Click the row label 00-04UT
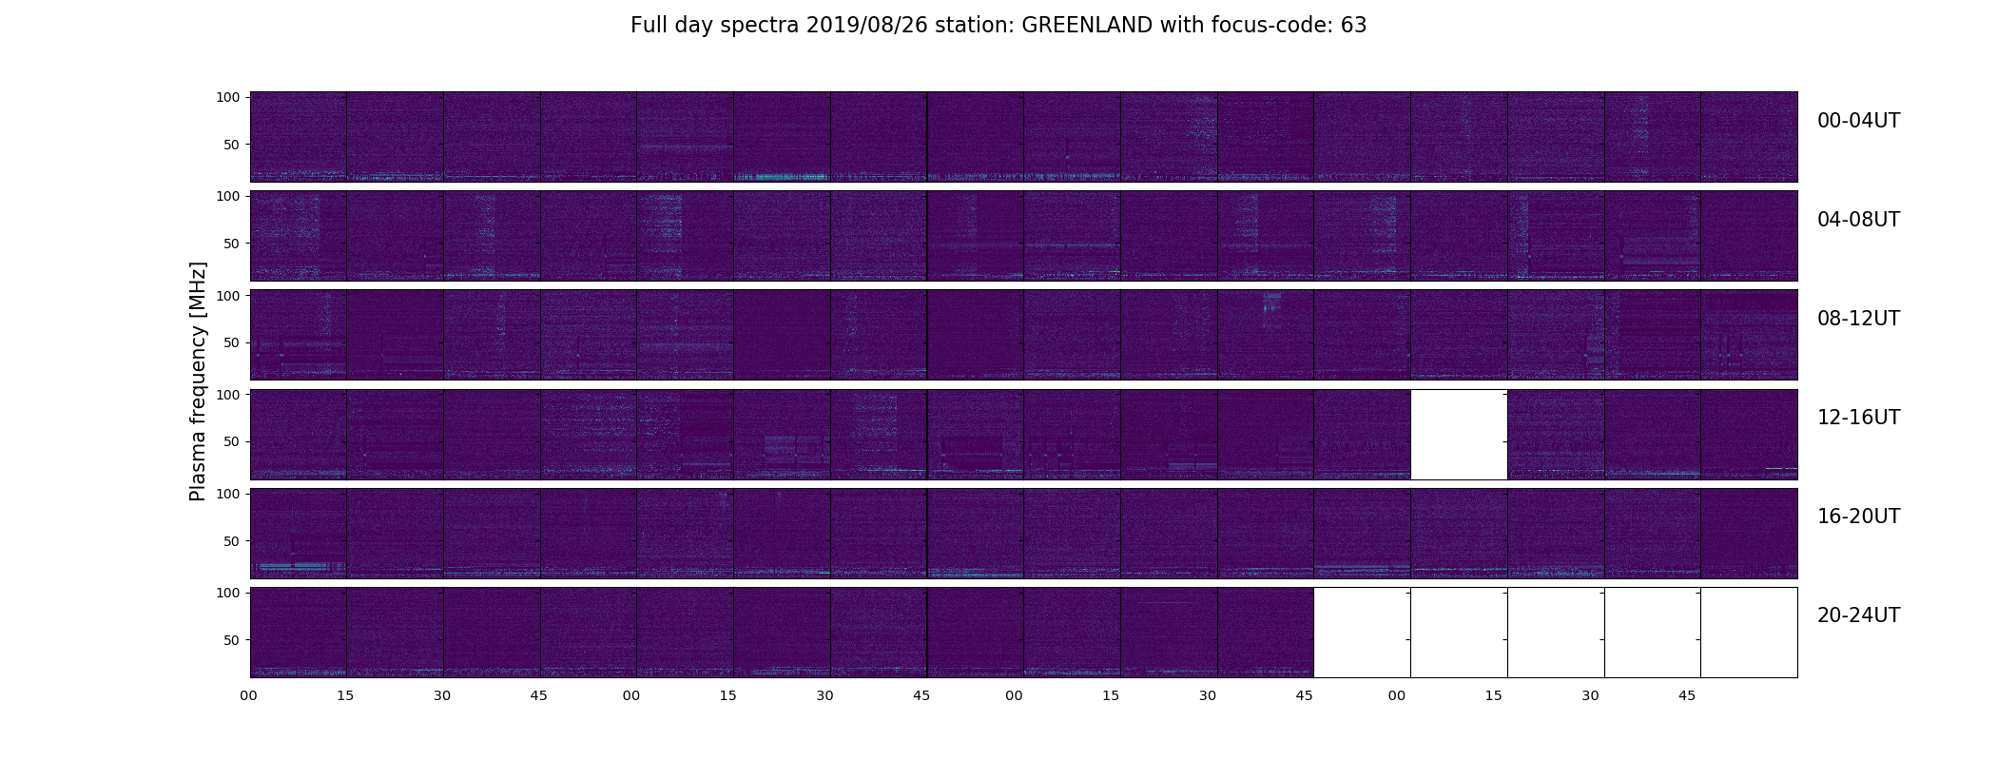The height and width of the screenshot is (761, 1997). pyautogui.click(x=1858, y=121)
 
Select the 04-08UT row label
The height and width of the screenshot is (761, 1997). pyautogui.click(x=1858, y=220)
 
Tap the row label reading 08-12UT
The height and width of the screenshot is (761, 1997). pyautogui.click(x=1858, y=319)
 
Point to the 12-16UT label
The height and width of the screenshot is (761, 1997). pyautogui.click(x=1858, y=418)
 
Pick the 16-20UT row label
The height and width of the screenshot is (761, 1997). pyautogui.click(x=1858, y=517)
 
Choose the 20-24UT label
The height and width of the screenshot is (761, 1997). pyautogui.click(x=1858, y=615)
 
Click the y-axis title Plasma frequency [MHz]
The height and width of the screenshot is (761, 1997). pyautogui.click(x=198, y=381)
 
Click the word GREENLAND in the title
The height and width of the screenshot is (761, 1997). pyautogui.click(x=1087, y=26)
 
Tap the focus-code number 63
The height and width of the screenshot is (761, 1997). pyautogui.click(x=1354, y=26)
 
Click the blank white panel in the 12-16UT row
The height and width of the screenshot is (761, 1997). pyautogui.click(x=1459, y=435)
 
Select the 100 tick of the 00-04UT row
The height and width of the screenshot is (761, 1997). pyautogui.click(x=227, y=97)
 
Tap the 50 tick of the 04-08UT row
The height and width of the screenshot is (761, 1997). pyautogui.click(x=231, y=244)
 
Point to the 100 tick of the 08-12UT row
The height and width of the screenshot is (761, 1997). pyautogui.click(x=227, y=296)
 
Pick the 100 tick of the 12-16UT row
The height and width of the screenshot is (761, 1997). pyautogui.click(x=227, y=394)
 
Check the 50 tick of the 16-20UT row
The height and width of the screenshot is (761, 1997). pyautogui.click(x=231, y=541)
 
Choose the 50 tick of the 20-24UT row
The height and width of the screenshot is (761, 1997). pyautogui.click(x=231, y=640)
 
